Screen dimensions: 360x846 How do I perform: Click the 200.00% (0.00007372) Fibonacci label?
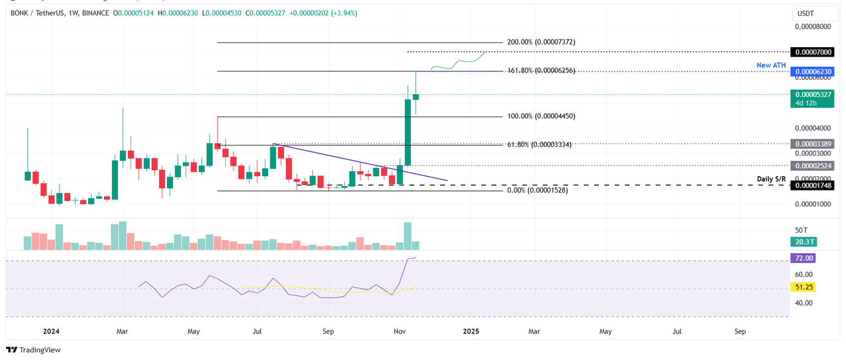tap(541, 42)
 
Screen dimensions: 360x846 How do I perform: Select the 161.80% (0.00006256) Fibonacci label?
tap(541, 70)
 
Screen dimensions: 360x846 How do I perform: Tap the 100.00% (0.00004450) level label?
tap(541, 116)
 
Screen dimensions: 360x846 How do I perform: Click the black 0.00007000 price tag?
tap(812, 52)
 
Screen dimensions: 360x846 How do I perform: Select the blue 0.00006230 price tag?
tap(812, 72)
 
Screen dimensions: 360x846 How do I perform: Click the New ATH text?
tap(771, 65)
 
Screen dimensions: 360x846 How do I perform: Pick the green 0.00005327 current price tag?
tap(812, 94)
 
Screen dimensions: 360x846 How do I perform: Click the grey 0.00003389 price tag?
tap(812, 144)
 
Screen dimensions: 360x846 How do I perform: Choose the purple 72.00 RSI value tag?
tap(802, 258)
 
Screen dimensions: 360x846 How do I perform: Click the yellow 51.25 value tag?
tap(802, 287)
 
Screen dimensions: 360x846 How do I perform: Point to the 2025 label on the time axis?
tap(470, 331)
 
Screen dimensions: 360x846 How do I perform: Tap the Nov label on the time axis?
tap(400, 331)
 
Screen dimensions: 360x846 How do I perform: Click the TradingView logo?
tap(34, 350)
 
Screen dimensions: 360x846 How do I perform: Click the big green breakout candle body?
tap(408, 132)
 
